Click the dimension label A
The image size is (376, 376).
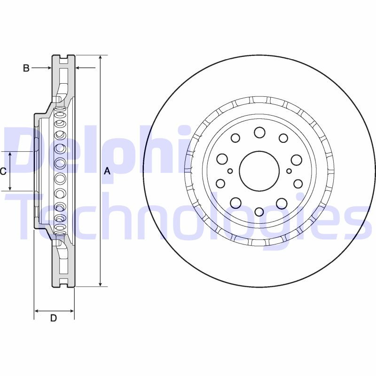pos(107,172)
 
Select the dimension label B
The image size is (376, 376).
pos(26,69)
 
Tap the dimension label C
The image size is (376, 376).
pos(3,172)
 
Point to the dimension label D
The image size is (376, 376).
pos(54,318)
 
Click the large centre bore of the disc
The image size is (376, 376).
pos(259,171)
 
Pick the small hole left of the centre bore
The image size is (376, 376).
pos(230,171)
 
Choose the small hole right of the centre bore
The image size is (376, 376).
pos(289,171)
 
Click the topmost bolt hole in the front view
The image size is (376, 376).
pos(259,133)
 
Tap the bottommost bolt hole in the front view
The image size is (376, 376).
pos(259,211)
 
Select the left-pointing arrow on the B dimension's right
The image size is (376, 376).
pos(78,69)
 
